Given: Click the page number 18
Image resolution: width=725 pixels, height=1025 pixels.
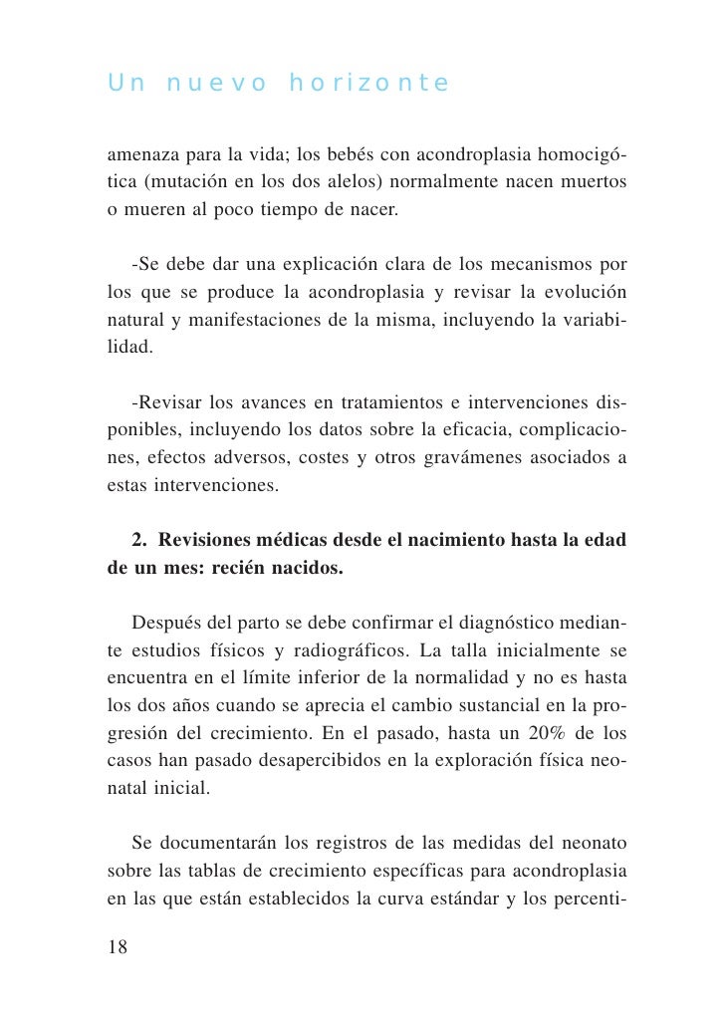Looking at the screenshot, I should pyautogui.click(x=118, y=947).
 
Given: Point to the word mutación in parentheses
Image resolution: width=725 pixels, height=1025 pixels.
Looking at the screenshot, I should pyautogui.click(x=192, y=184).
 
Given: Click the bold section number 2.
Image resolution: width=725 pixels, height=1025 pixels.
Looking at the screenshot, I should pyautogui.click(x=138, y=540).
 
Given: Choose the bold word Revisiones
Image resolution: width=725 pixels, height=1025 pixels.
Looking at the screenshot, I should pyautogui.click(x=210, y=540).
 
